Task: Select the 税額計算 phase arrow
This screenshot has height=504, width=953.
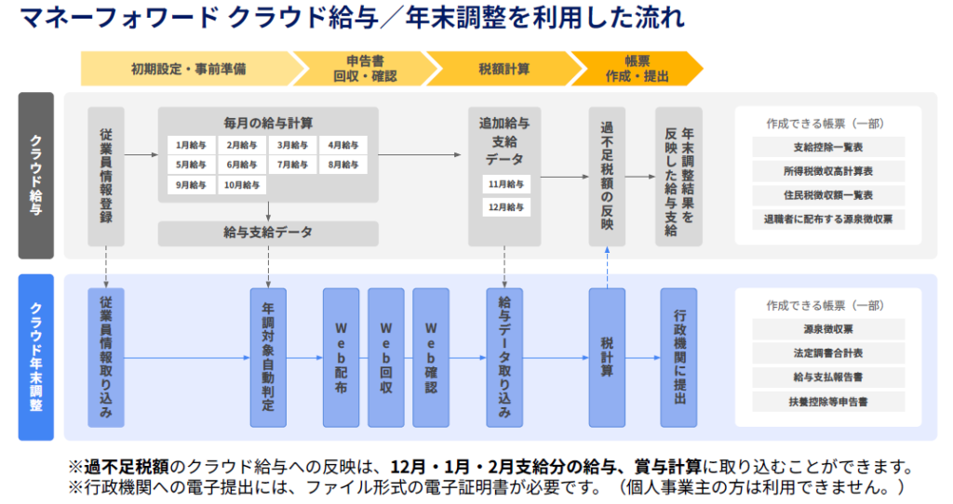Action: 503,69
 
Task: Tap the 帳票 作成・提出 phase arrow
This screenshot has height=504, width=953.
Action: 637,69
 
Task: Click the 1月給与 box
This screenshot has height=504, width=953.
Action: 190,145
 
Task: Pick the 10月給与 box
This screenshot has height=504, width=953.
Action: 242,185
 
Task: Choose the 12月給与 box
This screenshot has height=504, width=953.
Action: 506,206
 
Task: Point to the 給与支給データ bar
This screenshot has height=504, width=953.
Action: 268,232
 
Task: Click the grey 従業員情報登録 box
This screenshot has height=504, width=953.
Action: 106,176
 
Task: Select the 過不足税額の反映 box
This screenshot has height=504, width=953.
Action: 607,176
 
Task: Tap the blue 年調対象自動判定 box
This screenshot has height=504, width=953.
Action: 268,357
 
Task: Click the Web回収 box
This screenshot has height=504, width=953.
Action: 385,357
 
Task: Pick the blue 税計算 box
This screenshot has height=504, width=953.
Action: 607,357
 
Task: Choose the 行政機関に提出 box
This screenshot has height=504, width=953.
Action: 678,357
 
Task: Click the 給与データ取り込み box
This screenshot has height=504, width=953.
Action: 504,357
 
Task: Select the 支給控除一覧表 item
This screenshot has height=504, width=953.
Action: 828,147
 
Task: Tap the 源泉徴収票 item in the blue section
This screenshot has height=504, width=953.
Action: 828,329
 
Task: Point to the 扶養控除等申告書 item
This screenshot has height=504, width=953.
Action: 828,402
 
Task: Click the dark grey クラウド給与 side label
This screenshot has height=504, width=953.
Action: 36,176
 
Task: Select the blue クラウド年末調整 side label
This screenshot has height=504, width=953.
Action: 36,357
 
